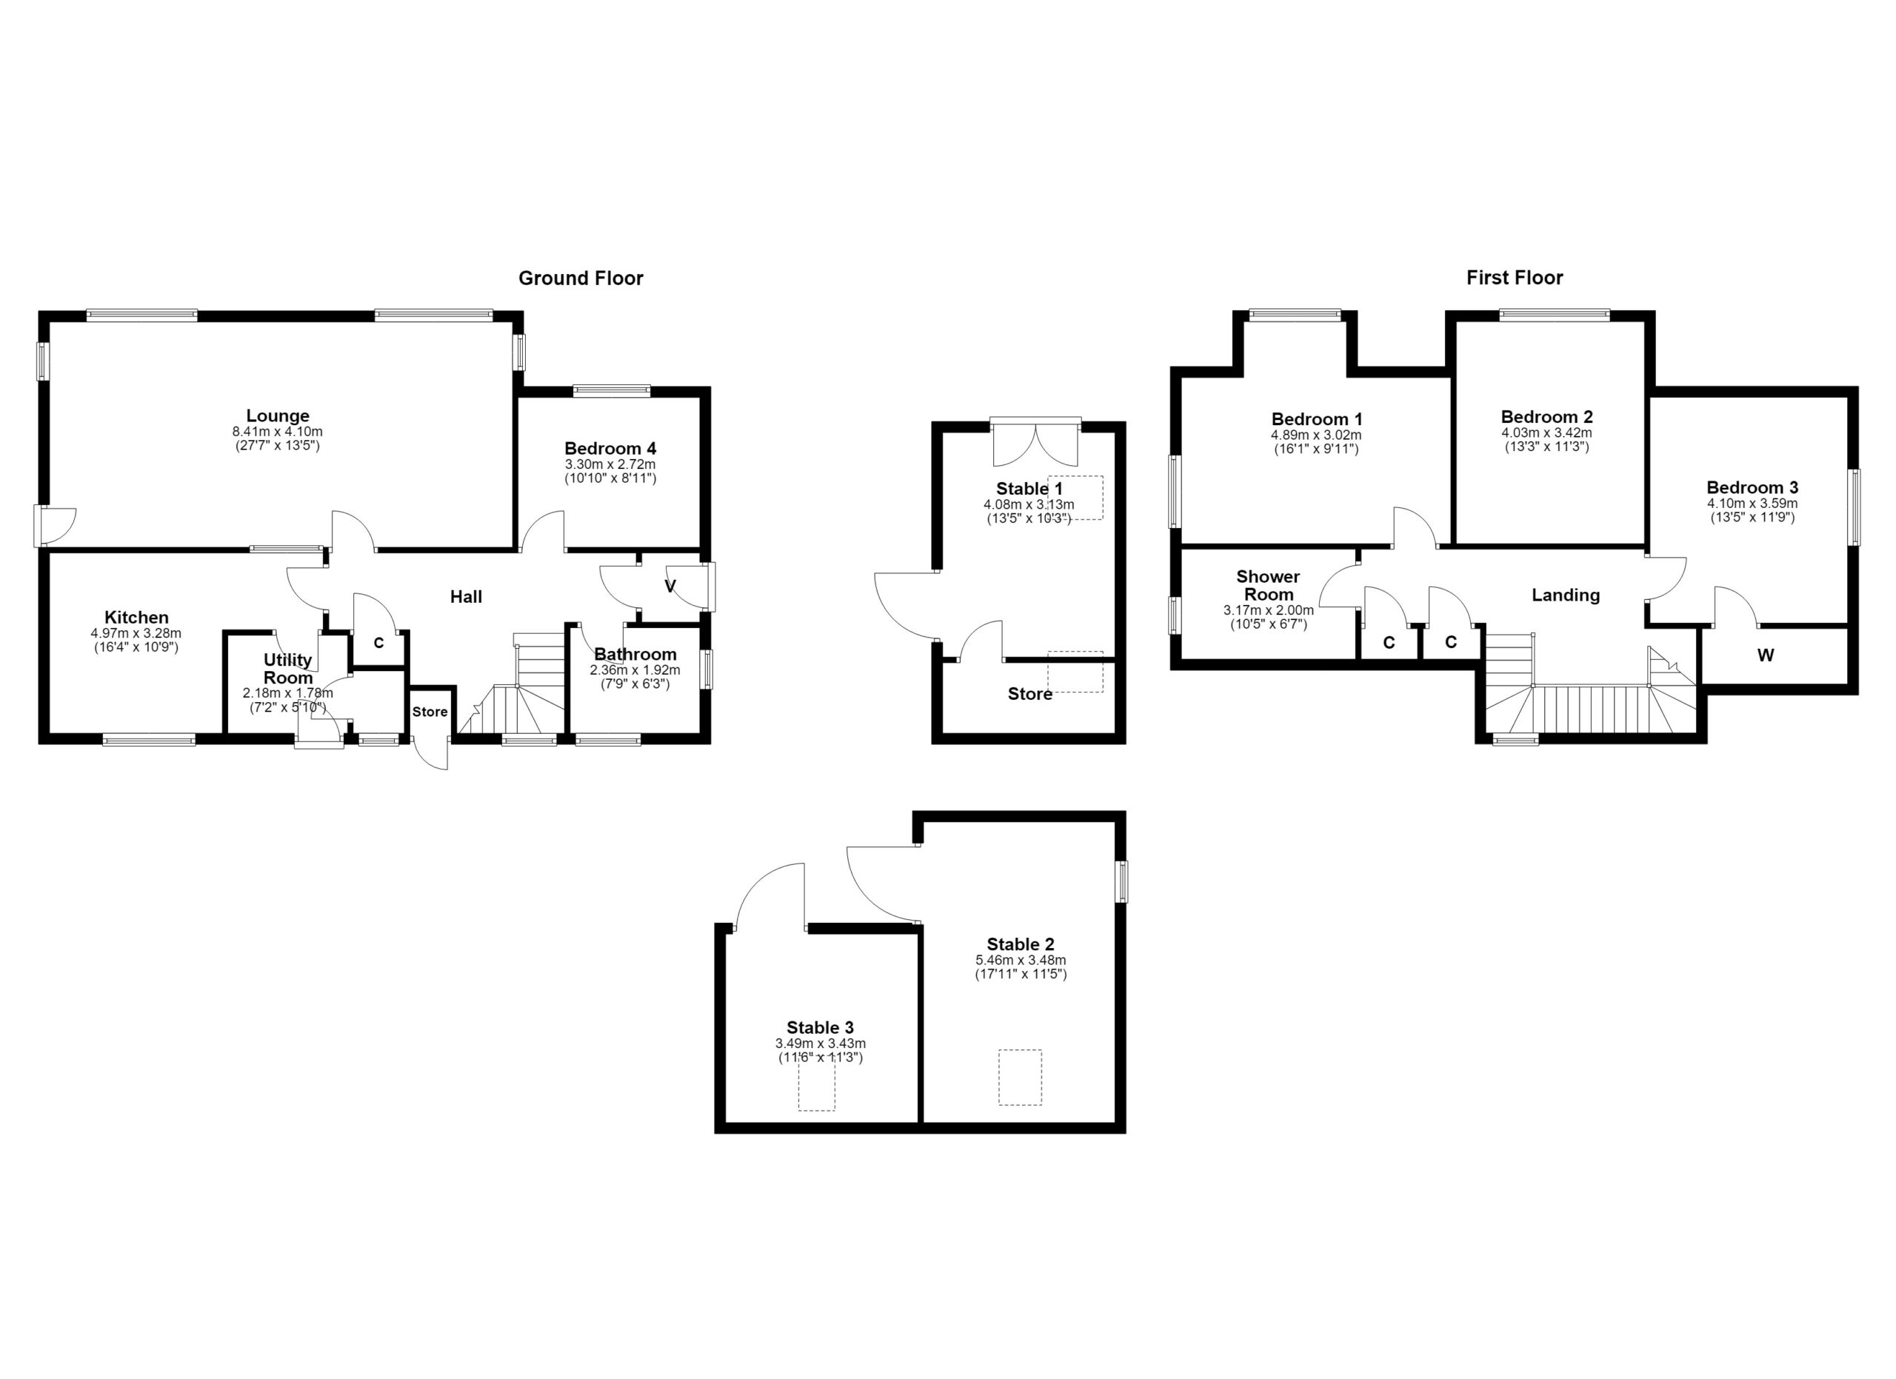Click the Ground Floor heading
click(580, 278)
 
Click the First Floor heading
click(1514, 278)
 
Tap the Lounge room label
click(278, 415)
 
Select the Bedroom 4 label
click(610, 449)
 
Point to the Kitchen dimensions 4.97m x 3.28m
click(136, 633)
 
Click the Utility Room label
click(287, 669)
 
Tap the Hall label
click(466, 597)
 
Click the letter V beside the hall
click(670, 587)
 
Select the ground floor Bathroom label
click(635, 655)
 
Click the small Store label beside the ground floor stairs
click(430, 712)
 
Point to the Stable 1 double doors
click(1036, 442)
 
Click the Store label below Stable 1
click(1030, 694)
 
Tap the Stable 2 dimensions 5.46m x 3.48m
click(1021, 961)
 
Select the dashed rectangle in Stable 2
click(1020, 1078)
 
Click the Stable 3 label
click(820, 1028)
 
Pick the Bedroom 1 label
click(1317, 419)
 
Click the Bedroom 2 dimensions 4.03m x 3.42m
click(1546, 433)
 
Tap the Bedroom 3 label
click(1752, 487)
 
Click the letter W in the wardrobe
click(1765, 655)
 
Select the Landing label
click(1566, 595)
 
